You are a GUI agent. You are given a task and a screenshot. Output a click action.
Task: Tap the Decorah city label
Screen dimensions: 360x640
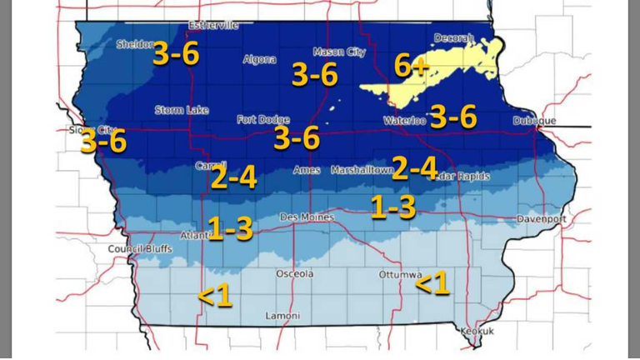(x=454, y=37)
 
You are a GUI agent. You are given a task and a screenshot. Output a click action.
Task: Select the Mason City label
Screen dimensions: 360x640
(x=339, y=52)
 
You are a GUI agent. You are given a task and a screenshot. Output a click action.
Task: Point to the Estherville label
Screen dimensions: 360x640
(x=213, y=25)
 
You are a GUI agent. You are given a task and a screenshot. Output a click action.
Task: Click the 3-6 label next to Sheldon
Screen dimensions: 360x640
(x=175, y=54)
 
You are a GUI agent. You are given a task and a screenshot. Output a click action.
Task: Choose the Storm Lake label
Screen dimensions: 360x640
(x=182, y=110)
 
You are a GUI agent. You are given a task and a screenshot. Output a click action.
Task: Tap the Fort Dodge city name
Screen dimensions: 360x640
(x=262, y=119)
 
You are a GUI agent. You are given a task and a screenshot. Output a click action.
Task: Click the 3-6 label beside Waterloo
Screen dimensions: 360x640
(x=453, y=117)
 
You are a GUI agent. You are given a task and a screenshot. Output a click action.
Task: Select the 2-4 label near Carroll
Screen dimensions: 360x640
(x=233, y=177)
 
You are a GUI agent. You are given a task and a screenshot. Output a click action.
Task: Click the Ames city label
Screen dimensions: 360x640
(x=307, y=170)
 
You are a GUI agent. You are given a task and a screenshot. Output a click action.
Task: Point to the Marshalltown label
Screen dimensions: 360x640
(x=362, y=170)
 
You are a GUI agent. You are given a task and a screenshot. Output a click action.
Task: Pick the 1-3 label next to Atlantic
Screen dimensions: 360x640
(x=230, y=229)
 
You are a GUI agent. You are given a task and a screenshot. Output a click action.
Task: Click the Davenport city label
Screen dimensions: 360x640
(x=541, y=218)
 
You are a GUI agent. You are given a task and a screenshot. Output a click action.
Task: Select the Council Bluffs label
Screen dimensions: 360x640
(x=140, y=248)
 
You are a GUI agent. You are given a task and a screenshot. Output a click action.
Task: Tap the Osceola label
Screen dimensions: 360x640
(x=295, y=273)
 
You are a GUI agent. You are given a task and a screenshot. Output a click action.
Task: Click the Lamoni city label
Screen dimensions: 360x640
(x=282, y=316)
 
